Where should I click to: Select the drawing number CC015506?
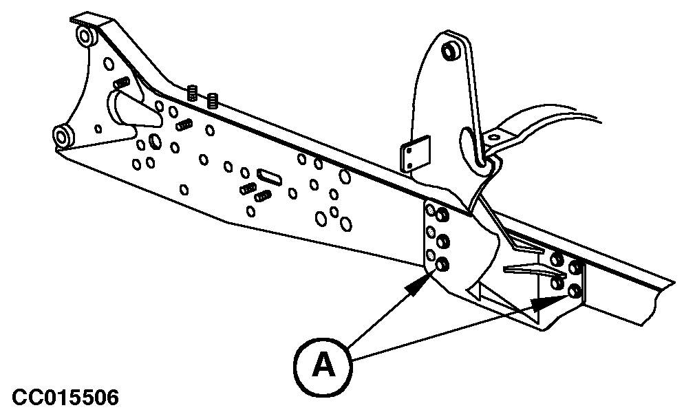coord(65,397)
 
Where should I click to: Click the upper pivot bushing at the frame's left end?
coord(86,36)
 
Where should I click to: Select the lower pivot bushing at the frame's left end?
coord(63,136)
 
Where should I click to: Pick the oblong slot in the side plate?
coord(269,175)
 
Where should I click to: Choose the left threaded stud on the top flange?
coord(193,92)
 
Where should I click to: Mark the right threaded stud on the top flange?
coord(213,100)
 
